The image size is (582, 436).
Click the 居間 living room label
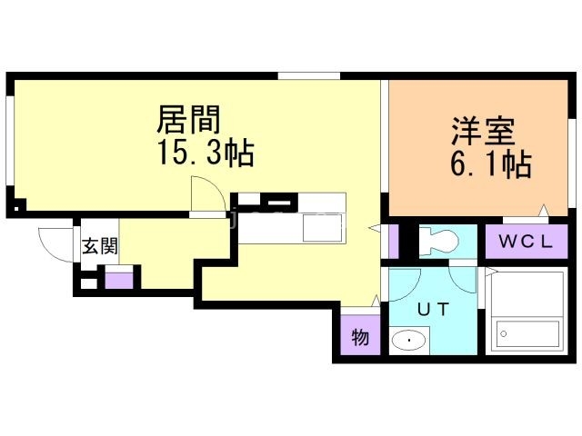point(189,120)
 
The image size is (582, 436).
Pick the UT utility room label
point(431,309)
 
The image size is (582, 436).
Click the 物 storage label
point(360,339)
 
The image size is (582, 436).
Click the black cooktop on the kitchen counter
point(266,201)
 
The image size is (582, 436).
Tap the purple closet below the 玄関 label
point(118,278)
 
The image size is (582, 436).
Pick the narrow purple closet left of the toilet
point(394,241)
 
